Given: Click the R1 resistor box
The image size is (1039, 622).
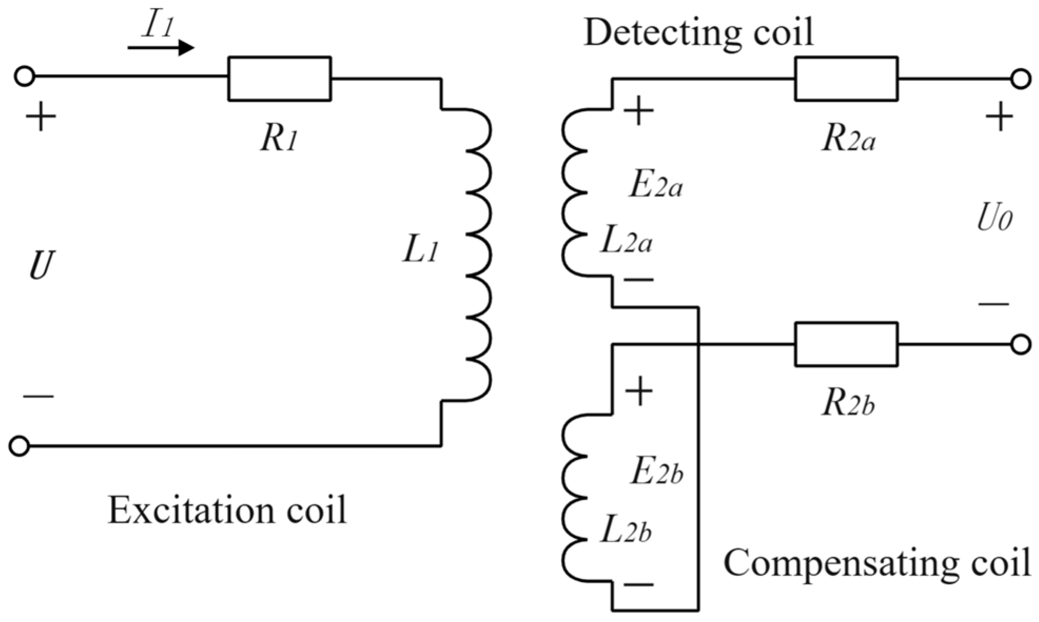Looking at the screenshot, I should tap(279, 78).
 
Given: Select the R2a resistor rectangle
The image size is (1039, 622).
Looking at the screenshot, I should tap(846, 78).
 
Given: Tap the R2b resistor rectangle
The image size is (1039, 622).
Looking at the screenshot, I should tap(846, 344).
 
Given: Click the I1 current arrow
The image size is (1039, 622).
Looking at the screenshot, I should tap(161, 48).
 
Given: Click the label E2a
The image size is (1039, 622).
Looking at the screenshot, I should tap(656, 185).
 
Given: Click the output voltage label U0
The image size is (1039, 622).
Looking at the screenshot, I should tap(994, 219).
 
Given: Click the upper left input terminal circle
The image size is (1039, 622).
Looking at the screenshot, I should tap(24, 76).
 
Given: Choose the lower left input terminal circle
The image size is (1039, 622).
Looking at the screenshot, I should tap(19, 446).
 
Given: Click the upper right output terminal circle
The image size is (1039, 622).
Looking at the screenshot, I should tap(1021, 79).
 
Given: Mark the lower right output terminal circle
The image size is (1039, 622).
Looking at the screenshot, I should tap(1021, 344).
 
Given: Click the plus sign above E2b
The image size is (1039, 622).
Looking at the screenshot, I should tap(639, 391).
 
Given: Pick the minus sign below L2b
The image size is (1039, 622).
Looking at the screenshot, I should tap(639, 584).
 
